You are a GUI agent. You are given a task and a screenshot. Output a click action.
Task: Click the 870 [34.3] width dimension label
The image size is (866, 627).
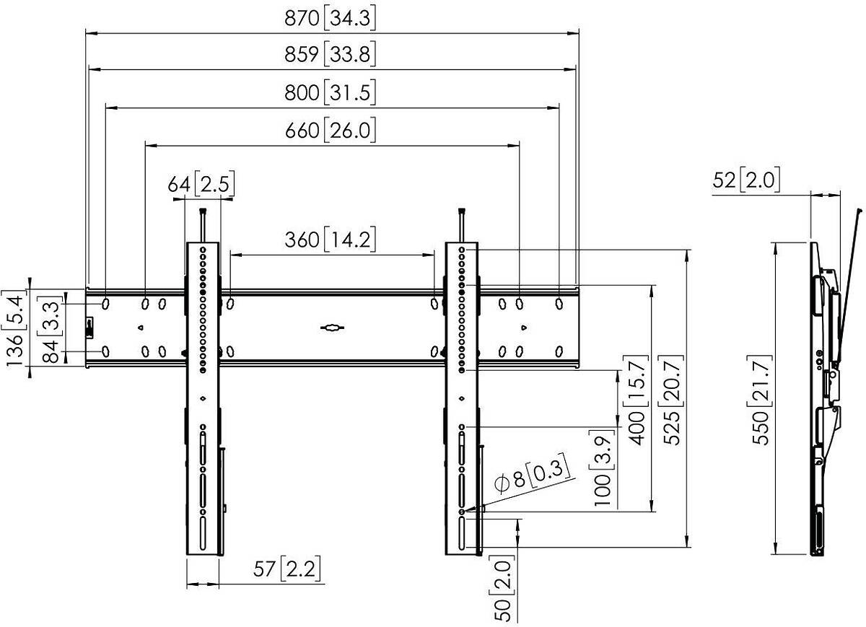[x=330, y=18]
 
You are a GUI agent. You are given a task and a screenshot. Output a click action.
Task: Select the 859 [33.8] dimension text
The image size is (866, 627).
[x=330, y=53]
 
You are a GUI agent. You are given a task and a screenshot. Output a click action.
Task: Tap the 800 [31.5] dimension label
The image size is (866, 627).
[x=330, y=93]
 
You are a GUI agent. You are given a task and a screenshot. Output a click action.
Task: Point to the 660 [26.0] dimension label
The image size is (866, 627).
[x=330, y=131]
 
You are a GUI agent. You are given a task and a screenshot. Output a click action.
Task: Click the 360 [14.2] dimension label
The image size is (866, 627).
[x=330, y=240]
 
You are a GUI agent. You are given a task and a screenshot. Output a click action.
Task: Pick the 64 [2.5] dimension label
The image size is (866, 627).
[x=201, y=184]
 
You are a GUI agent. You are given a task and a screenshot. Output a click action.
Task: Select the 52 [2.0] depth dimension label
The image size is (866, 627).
[x=746, y=180]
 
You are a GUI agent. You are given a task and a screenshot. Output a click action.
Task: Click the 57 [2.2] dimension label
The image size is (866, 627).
[x=287, y=569]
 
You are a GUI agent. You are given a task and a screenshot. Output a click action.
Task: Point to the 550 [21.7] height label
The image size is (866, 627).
[x=760, y=400]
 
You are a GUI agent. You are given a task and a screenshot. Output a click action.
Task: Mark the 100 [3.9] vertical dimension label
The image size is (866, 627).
[x=603, y=468]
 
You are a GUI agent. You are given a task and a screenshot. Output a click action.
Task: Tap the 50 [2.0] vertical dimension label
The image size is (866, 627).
[x=502, y=588]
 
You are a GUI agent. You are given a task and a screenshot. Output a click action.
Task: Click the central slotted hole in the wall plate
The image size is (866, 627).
[x=332, y=328]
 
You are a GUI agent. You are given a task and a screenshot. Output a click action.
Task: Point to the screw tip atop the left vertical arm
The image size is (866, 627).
[x=203, y=211]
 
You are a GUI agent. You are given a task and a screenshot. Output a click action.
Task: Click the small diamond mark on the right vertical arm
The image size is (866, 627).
[x=461, y=398]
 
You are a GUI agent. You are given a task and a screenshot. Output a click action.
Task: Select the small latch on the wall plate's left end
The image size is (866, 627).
[x=89, y=328]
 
